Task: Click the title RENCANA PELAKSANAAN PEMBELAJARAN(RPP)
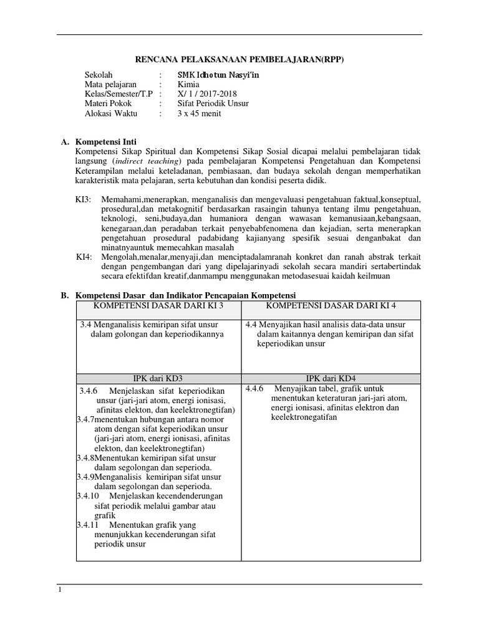[239, 59]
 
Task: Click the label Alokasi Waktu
[111, 114]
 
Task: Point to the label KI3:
[84, 199]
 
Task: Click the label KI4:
[84, 257]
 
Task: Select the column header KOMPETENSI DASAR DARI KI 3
[158, 305]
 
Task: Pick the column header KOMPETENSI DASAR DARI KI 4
[331, 305]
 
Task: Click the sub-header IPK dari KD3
[158, 378]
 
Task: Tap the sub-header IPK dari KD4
[331, 378]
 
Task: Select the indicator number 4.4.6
[254, 389]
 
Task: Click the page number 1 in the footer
[59, 590]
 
